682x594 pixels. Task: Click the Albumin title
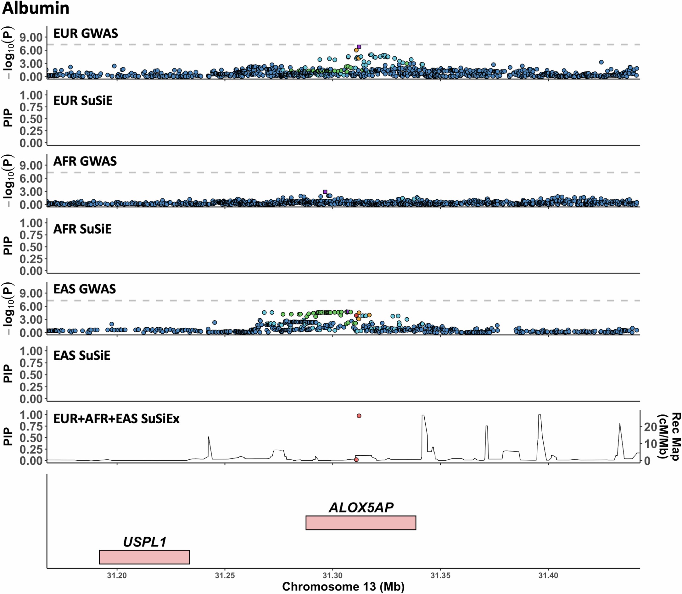[x=36, y=8]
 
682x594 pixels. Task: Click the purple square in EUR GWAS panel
[x=359, y=47]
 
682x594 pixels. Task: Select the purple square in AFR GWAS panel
[x=325, y=192]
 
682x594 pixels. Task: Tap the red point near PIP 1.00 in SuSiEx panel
[x=359, y=416]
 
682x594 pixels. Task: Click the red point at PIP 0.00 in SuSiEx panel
[x=356, y=460]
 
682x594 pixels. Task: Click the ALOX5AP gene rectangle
[x=361, y=523]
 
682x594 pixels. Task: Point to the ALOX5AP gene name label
[x=361, y=508]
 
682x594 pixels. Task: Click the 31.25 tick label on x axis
[x=225, y=575]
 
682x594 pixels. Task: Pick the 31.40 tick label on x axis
[x=548, y=575]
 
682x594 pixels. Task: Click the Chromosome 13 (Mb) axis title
[x=343, y=587]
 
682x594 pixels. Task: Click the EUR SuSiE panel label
[x=83, y=101]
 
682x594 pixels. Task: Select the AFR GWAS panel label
[x=85, y=161]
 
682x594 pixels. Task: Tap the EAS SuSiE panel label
[x=81, y=356]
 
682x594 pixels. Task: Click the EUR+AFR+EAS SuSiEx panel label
[x=116, y=419]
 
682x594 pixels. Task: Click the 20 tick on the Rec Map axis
[x=650, y=427]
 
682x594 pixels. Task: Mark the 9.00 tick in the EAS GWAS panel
[x=31, y=293]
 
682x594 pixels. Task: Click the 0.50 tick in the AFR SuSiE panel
[x=31, y=247]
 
